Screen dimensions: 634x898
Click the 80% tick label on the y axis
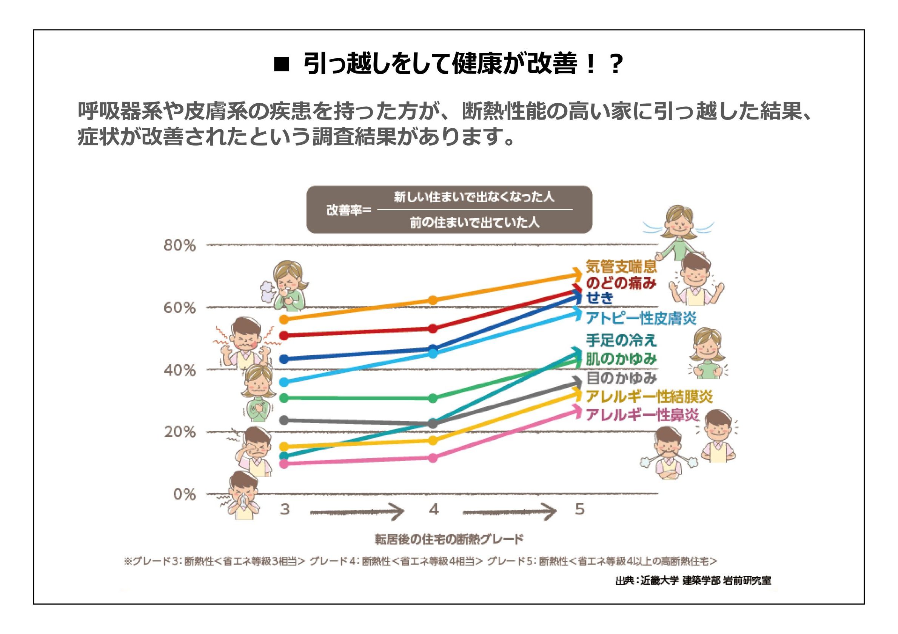click(x=180, y=246)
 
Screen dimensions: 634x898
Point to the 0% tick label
click(x=184, y=494)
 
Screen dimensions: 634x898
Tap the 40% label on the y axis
click(x=180, y=370)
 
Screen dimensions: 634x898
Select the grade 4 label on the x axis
click(x=434, y=509)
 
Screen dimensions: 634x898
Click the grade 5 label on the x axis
click(x=580, y=509)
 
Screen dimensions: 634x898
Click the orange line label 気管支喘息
click(x=621, y=267)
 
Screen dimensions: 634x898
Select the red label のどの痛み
click(x=621, y=283)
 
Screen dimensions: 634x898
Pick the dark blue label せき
click(x=599, y=298)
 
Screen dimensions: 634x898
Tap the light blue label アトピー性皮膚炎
click(x=641, y=319)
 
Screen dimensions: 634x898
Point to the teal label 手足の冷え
click(x=621, y=340)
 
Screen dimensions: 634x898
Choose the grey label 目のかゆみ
click(x=621, y=378)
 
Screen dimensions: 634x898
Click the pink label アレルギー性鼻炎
click(x=642, y=415)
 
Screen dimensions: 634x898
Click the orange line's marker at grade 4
click(x=433, y=300)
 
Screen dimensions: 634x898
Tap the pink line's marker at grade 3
click(x=285, y=464)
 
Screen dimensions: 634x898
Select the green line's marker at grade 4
click(x=433, y=398)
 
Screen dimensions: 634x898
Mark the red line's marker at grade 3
click(x=285, y=335)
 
